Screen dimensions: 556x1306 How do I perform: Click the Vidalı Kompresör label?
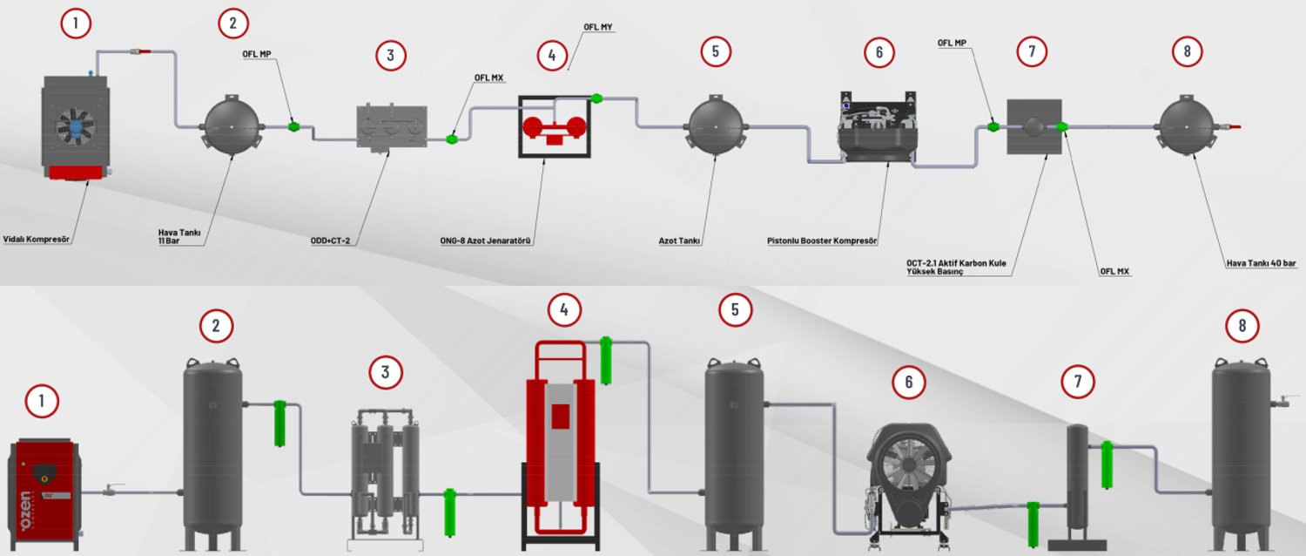[36, 239]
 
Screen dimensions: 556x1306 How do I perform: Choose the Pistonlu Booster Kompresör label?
[821, 240]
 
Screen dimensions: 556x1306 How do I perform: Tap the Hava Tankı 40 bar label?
[1261, 262]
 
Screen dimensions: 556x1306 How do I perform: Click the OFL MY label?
[598, 27]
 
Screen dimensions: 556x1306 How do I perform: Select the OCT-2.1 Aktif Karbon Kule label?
[961, 262]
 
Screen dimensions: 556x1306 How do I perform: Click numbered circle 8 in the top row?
[1187, 51]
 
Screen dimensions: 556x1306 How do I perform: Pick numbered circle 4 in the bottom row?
[564, 309]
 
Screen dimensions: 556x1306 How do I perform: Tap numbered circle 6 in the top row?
[879, 52]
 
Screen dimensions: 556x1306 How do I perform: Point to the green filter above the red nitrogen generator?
[606, 360]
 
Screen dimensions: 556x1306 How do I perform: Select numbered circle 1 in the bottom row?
[42, 402]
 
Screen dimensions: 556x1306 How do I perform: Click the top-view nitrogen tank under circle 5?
[716, 126]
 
